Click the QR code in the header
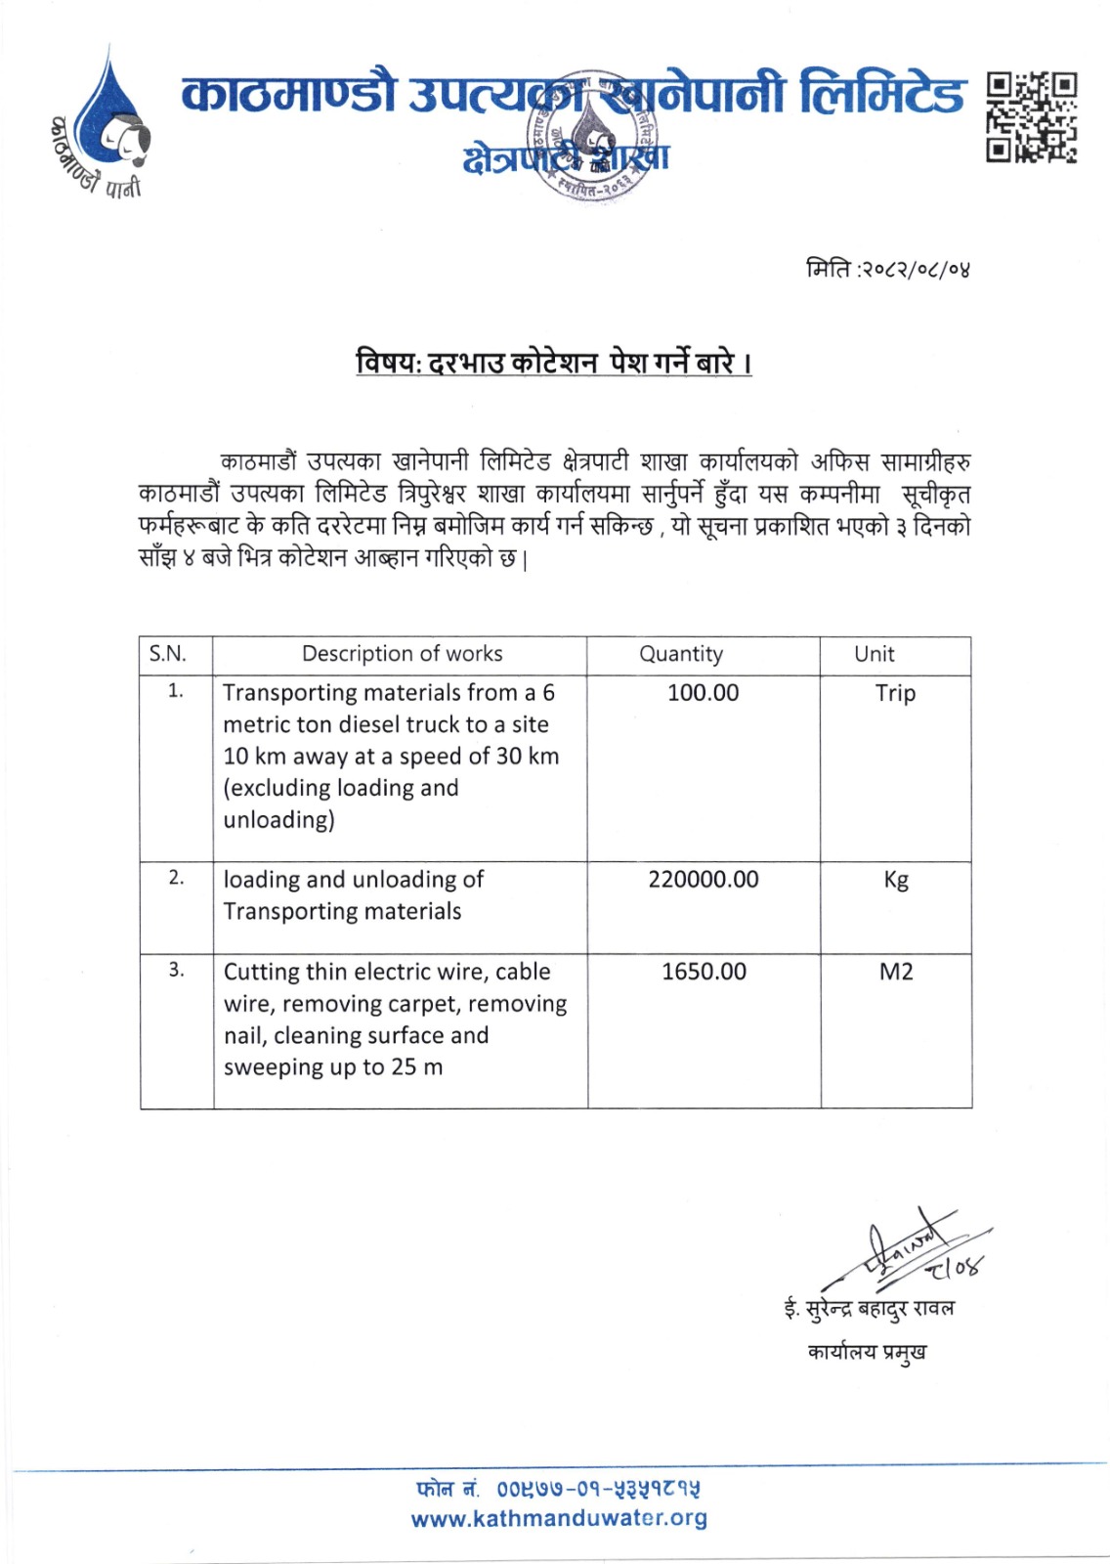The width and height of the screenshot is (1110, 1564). [1031, 117]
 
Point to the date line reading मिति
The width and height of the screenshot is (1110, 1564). [887, 267]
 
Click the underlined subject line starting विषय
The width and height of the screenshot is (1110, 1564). [554, 364]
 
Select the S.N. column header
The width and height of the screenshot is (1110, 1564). [167, 654]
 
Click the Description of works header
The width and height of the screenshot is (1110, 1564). [402, 654]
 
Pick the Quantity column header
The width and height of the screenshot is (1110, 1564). [681, 654]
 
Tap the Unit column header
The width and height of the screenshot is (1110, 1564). [874, 654]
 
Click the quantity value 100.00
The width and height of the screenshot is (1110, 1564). [703, 693]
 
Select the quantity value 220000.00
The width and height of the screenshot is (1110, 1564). [703, 880]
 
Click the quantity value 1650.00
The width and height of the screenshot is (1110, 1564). [704, 972]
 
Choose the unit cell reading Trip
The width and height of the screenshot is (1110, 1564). [895, 693]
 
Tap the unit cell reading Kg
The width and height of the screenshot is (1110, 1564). [895, 880]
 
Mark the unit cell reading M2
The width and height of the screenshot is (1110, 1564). [896, 972]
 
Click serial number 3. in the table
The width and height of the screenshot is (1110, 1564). [176, 970]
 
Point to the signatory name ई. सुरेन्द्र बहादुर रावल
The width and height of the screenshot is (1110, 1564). [869, 1308]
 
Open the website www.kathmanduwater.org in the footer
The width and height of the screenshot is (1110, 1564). [559, 1518]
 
